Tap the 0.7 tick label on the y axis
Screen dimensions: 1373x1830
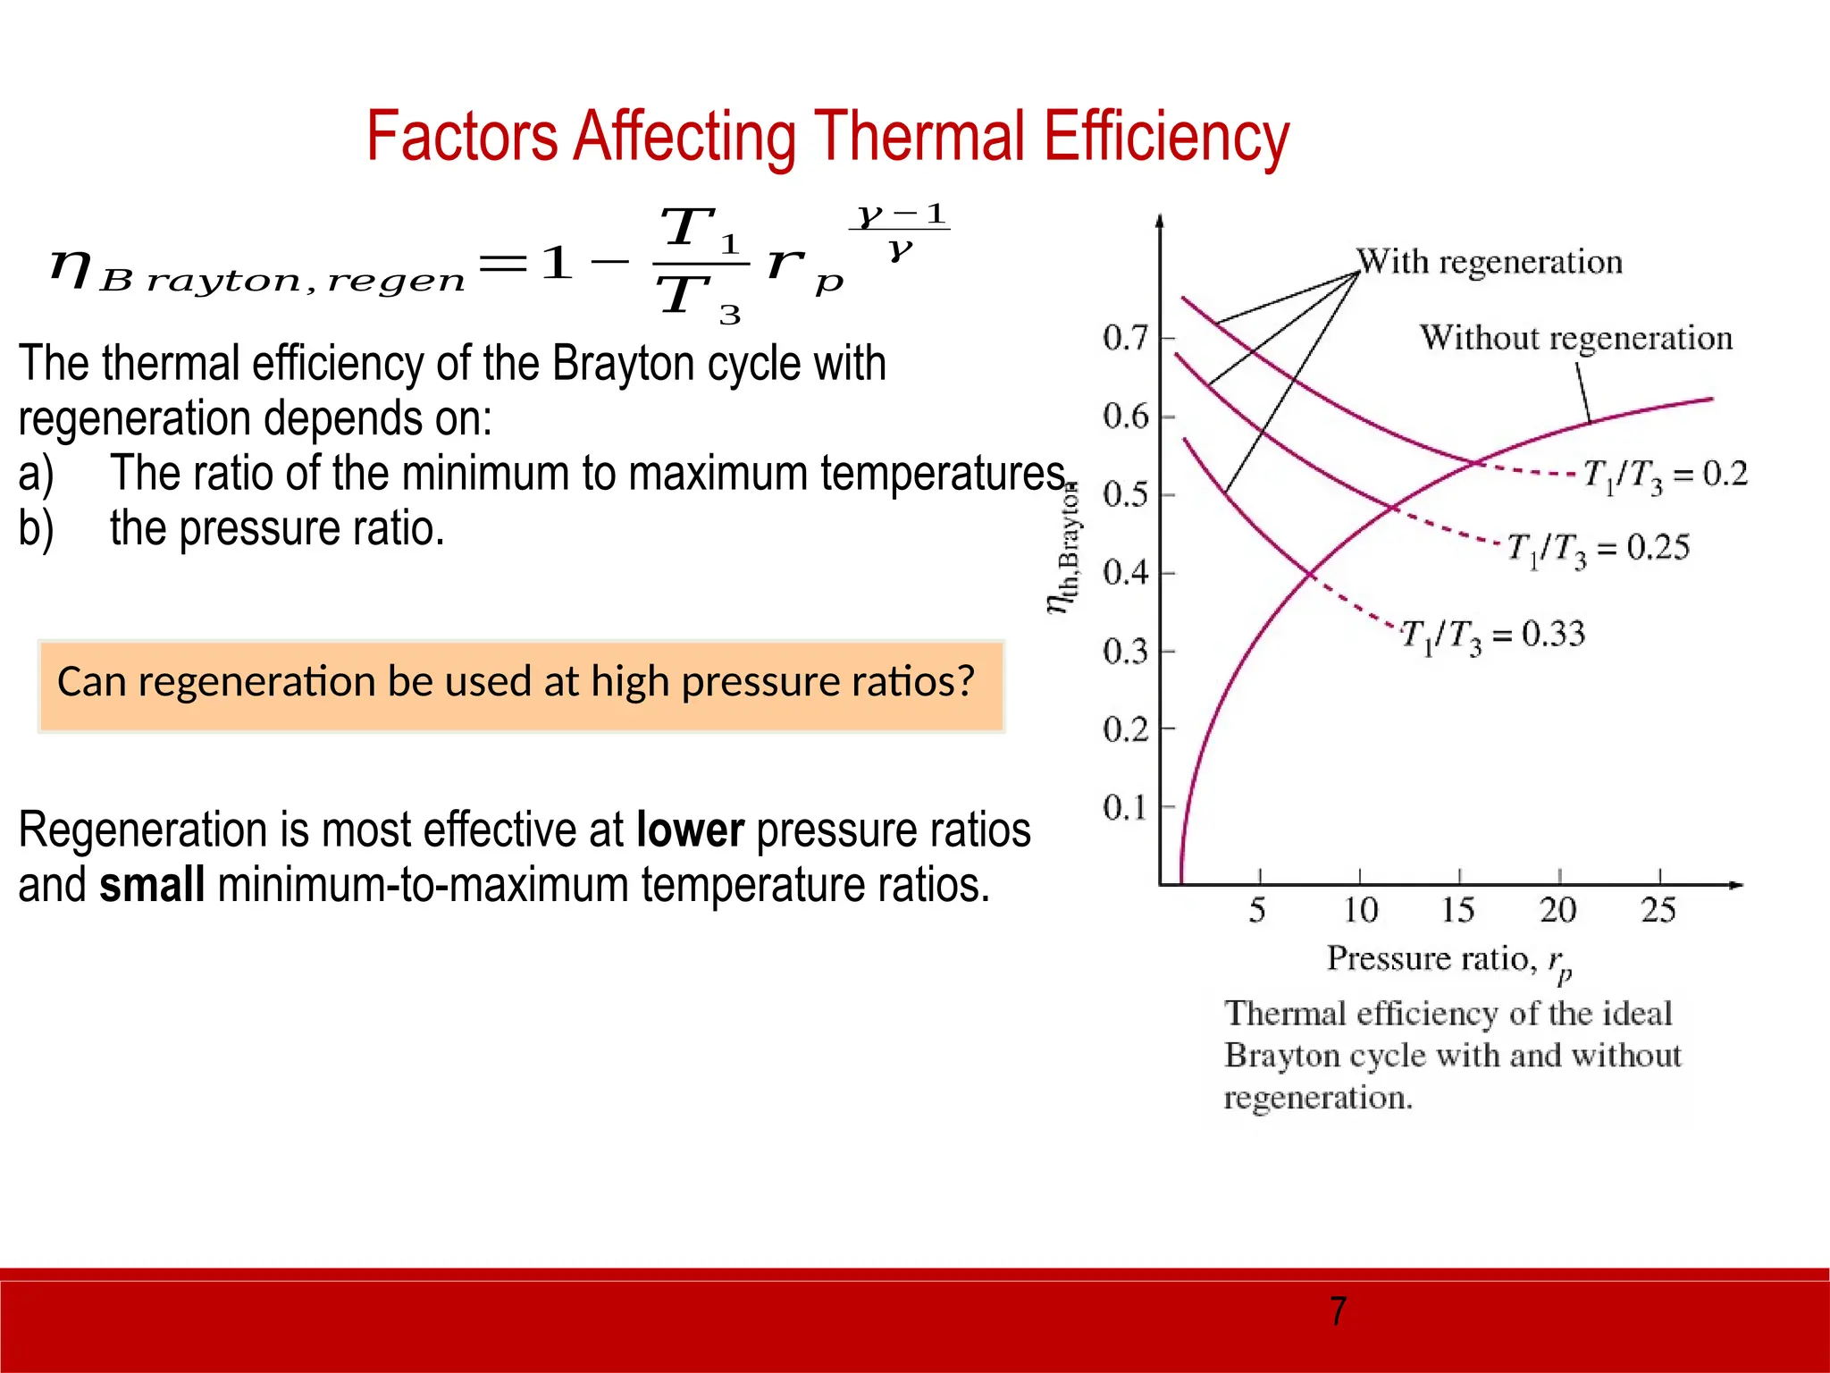(1125, 338)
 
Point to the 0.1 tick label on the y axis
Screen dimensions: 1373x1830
(1125, 807)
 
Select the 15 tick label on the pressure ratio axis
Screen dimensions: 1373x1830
(1458, 911)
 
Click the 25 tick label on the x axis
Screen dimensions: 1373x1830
(1658, 911)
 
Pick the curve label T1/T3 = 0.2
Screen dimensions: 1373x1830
(1665, 475)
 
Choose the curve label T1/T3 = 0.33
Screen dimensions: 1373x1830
(1492, 636)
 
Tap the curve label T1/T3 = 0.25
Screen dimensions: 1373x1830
(1599, 548)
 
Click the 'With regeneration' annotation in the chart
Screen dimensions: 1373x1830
(1490, 262)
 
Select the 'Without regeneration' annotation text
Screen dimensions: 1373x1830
(1576, 338)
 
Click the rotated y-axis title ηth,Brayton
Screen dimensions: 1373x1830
(1064, 550)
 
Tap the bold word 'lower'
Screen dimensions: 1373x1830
(690, 830)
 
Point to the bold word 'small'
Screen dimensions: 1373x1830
(152, 885)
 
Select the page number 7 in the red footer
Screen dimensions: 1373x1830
(1338, 1311)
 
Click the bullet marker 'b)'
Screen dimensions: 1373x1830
(36, 528)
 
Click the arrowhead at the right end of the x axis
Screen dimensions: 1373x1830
(1735, 885)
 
